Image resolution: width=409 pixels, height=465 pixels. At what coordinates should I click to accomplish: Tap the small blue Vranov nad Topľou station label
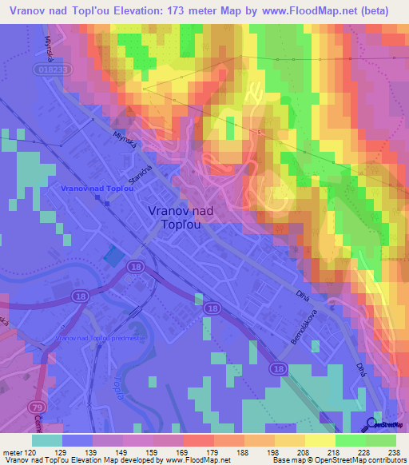pos(96,188)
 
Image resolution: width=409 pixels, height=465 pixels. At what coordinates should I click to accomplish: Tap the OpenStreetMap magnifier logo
pos(372,424)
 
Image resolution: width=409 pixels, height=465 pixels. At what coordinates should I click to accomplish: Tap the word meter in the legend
pos(11,452)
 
